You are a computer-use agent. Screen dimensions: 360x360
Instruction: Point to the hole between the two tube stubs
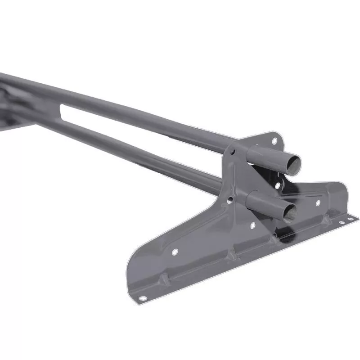[x=278, y=184]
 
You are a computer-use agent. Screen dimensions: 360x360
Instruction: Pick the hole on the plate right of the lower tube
[x=318, y=203]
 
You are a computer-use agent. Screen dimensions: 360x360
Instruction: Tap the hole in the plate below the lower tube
[x=252, y=225]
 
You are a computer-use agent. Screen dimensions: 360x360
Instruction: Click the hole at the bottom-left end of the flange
[x=143, y=298]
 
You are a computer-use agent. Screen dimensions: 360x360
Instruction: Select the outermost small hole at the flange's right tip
[x=350, y=219]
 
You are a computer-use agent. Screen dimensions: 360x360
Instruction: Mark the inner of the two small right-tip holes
[x=342, y=222]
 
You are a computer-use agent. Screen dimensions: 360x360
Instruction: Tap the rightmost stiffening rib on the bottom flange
[x=325, y=220]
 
